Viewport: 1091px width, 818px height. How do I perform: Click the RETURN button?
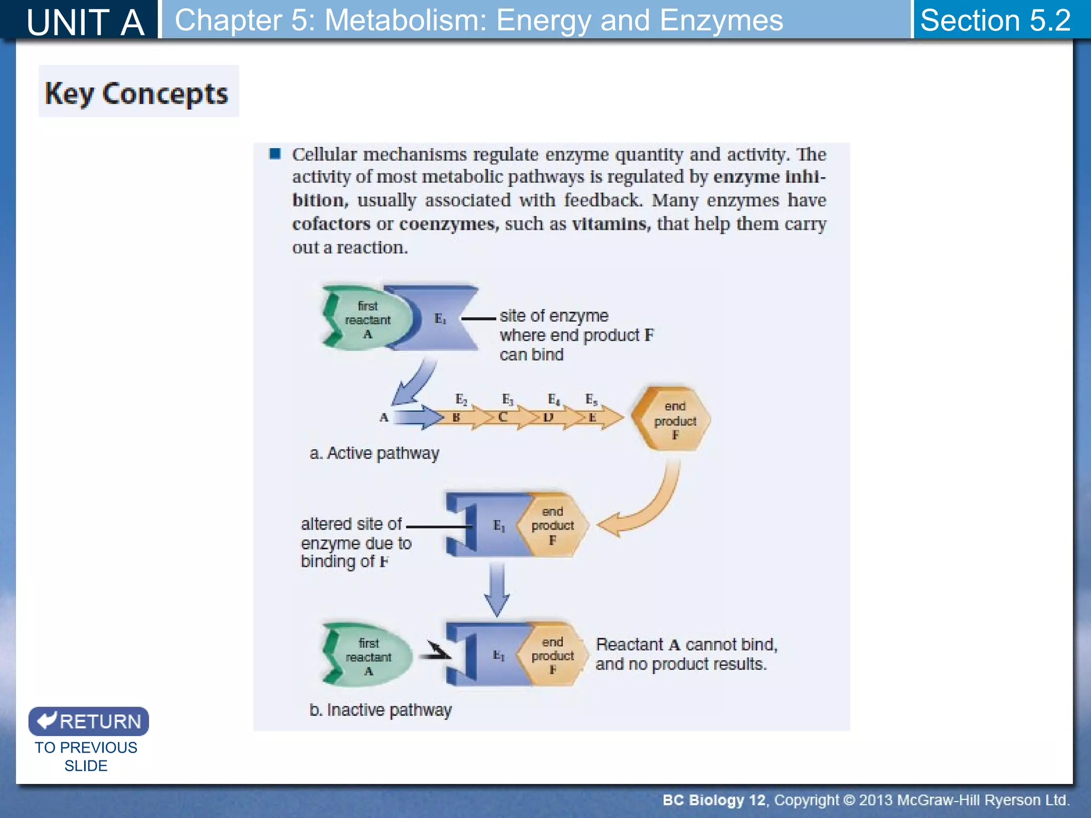(x=88, y=721)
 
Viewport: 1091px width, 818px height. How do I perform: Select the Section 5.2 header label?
(x=995, y=20)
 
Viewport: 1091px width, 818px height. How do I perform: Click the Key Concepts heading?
(x=137, y=93)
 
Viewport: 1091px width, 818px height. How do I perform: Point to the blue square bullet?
(x=275, y=154)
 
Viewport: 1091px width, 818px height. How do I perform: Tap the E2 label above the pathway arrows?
(x=461, y=399)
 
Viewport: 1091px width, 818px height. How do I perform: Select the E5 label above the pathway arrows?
(x=591, y=399)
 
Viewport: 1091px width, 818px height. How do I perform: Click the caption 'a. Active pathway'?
(x=374, y=453)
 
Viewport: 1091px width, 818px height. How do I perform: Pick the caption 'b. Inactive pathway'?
(x=380, y=710)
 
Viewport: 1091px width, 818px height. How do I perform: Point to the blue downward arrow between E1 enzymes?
(x=496, y=589)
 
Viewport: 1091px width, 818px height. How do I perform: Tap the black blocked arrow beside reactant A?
(x=436, y=652)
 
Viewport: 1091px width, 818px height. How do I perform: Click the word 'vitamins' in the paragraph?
(x=611, y=224)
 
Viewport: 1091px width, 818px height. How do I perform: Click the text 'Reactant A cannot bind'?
(x=686, y=644)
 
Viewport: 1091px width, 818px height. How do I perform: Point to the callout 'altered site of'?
(x=351, y=524)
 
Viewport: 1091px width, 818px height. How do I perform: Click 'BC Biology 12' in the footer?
(x=714, y=800)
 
